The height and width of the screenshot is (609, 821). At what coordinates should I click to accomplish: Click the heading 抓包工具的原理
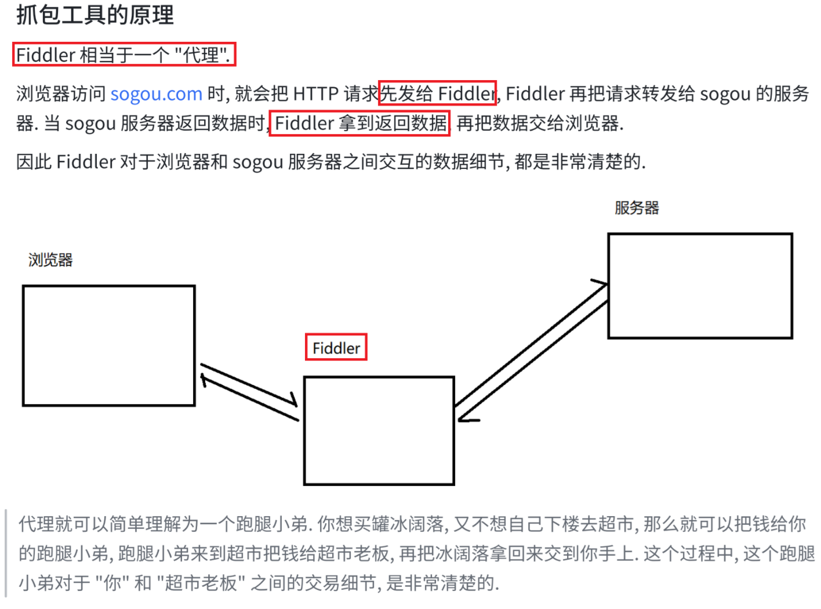pos(95,15)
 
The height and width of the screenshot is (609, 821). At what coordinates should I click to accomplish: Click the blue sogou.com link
pos(156,93)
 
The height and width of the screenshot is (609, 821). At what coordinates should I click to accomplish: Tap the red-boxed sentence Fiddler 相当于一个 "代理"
pos(123,55)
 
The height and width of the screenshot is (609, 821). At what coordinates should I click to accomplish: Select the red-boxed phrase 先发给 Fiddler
pos(437,93)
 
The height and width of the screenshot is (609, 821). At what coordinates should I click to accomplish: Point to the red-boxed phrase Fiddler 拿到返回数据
pos(359,123)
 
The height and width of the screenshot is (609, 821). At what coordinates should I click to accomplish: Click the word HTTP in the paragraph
pos(315,93)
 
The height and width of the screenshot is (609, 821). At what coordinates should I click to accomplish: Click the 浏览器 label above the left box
pos(50,260)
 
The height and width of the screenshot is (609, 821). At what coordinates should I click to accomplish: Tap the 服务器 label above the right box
pos(637,208)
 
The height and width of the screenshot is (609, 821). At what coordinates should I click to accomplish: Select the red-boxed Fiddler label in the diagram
pos(336,348)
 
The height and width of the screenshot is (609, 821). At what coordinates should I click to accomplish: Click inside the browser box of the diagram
pos(108,345)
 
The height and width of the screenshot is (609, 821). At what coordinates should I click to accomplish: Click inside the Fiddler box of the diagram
pos(379,430)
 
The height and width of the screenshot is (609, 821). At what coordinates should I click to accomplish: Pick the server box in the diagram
pos(700,286)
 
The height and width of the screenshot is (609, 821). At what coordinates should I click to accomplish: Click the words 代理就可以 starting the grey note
pos(55,524)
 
